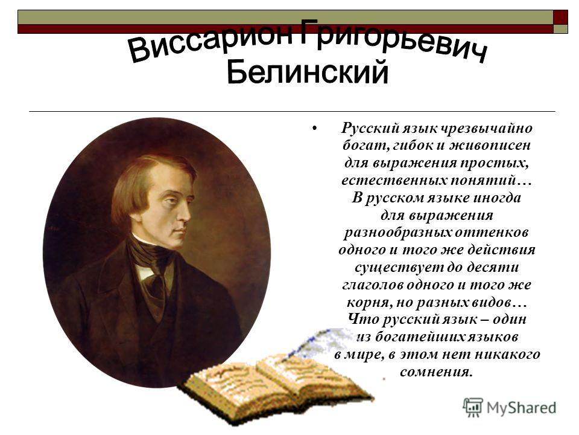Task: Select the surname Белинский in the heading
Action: point(308,72)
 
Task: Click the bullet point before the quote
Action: point(314,128)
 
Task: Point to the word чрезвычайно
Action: point(487,128)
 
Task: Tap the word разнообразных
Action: point(397,233)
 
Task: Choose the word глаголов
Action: point(373,285)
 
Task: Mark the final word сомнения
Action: point(436,372)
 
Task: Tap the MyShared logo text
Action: point(521,408)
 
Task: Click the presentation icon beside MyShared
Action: point(473,407)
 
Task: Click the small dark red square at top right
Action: point(560,17)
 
